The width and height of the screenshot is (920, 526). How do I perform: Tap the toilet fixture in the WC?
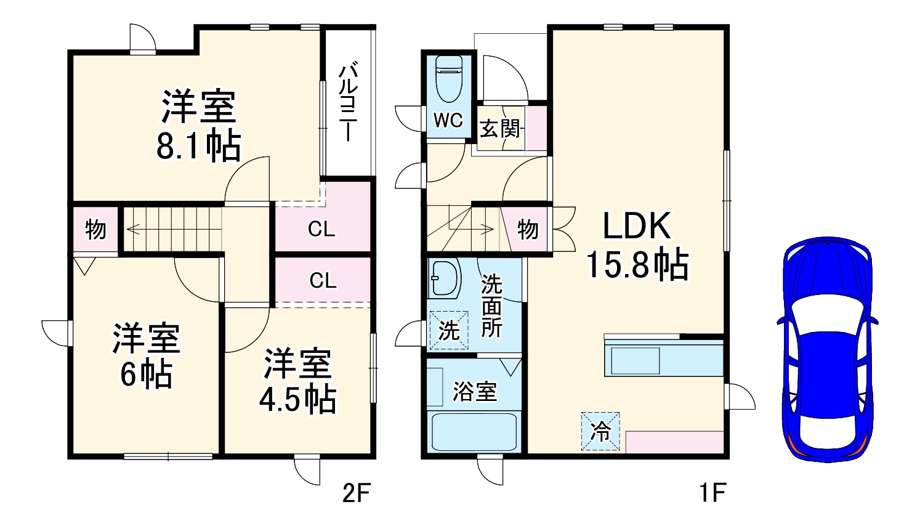[x=448, y=78]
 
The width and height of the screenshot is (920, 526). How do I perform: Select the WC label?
[x=448, y=120]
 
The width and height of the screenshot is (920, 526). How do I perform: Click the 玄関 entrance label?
[x=500, y=129]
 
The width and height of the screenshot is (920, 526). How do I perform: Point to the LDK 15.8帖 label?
[x=636, y=246]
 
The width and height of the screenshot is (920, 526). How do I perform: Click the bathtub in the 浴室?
[x=474, y=434]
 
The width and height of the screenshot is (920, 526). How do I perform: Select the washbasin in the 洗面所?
[x=444, y=278]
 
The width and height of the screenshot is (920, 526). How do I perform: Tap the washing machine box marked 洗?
[x=448, y=331]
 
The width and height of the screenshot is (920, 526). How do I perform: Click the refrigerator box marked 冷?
[x=600, y=431]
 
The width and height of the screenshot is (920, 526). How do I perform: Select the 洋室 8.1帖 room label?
[x=198, y=126]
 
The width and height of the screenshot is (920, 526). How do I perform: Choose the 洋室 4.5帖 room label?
[x=297, y=381]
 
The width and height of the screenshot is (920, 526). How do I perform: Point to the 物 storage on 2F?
[x=95, y=230]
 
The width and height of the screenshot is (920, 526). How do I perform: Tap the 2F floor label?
[x=355, y=493]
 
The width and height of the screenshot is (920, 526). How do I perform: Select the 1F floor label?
[x=711, y=493]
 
